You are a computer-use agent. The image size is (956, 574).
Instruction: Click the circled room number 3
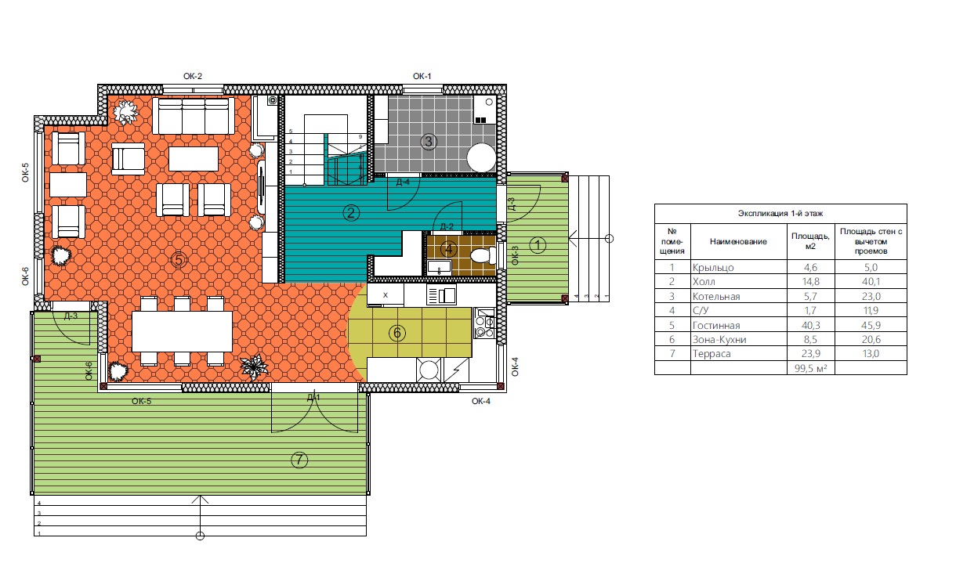429,141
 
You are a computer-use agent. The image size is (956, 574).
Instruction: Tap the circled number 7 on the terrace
299,460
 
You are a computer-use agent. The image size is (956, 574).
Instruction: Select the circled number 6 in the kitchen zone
397,333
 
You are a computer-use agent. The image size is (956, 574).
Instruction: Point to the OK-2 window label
193,76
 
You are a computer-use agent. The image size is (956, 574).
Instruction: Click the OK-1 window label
422,76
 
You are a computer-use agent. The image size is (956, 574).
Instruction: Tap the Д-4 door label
403,182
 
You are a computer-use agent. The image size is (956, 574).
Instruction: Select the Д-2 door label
447,226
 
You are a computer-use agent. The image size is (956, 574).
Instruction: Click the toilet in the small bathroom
483,256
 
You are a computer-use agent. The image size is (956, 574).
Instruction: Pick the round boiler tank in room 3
481,157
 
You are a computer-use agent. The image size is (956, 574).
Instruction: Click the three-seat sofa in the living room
194,116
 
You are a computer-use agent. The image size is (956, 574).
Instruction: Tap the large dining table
183,331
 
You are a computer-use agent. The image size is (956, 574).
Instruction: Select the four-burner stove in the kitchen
485,323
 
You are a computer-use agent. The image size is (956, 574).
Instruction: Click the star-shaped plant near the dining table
254,366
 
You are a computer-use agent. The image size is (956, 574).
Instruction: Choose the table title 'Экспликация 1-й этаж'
780,213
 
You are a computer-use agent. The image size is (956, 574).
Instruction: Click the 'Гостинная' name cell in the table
716,326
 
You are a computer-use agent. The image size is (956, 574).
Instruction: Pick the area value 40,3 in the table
810,326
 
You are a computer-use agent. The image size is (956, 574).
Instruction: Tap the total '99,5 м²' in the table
810,368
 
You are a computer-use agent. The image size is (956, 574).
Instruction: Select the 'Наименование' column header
738,241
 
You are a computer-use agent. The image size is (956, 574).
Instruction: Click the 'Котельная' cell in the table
716,296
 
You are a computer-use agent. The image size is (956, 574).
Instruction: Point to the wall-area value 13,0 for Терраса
871,353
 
